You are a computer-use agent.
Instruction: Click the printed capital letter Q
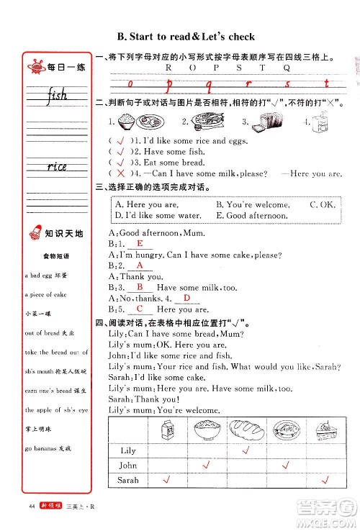(287, 67)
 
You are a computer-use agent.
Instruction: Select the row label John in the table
(127, 465)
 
